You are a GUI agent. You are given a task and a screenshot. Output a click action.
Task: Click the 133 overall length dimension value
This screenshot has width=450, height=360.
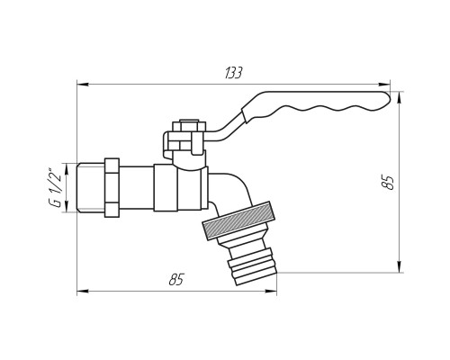233,73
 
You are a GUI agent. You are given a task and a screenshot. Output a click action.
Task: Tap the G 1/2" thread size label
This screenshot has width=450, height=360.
56,188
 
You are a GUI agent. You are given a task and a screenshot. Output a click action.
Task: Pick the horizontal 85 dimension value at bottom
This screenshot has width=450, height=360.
176,280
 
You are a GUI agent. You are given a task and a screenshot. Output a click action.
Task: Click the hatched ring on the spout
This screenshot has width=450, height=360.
239,220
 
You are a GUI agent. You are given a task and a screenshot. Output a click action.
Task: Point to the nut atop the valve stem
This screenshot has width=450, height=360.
185,126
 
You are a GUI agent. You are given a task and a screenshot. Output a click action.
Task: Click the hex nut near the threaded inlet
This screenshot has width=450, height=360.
112,187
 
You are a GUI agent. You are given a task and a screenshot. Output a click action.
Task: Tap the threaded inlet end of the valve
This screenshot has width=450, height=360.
91,187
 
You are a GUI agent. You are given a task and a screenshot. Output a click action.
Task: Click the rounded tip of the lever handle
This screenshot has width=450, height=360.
388,98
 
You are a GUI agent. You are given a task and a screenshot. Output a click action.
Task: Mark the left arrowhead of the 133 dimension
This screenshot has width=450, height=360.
83,85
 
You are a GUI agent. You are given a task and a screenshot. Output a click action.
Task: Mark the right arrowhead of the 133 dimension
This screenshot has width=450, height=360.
384,85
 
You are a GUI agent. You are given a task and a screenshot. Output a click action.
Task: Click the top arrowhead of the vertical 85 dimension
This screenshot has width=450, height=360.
400,97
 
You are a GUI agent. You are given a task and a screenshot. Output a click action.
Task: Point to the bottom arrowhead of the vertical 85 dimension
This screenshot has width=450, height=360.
400,266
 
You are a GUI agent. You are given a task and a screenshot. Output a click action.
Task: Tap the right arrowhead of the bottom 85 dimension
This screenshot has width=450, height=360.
271,291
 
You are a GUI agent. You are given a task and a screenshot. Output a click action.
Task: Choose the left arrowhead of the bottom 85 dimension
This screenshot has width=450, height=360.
83,291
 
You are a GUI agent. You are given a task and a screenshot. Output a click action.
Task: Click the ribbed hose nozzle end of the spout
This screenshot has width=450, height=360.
252,264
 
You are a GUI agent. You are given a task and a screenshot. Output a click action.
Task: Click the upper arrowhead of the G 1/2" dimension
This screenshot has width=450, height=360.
67,168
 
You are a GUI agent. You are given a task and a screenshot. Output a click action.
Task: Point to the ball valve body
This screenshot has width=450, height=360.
181,188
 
